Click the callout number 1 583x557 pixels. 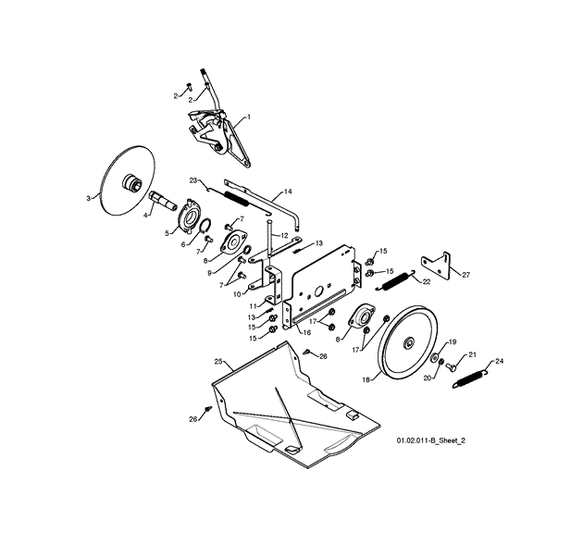coord(249,119)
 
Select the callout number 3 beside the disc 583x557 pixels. coord(89,197)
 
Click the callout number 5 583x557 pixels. coord(167,233)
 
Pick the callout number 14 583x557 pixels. coord(288,192)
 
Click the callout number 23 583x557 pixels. coord(193,180)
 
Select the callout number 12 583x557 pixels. coord(286,235)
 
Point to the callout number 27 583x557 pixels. coord(465,275)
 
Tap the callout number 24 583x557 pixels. coord(500,361)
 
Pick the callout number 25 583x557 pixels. coord(217,360)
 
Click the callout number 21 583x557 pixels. coord(471,354)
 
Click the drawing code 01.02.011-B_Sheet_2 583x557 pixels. coord(430,442)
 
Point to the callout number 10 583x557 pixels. coord(238,294)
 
